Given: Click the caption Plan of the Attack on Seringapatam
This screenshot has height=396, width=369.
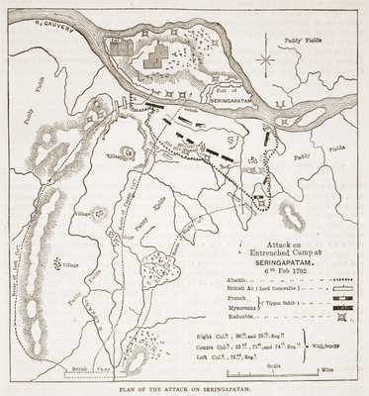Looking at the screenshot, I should coord(184,389).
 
